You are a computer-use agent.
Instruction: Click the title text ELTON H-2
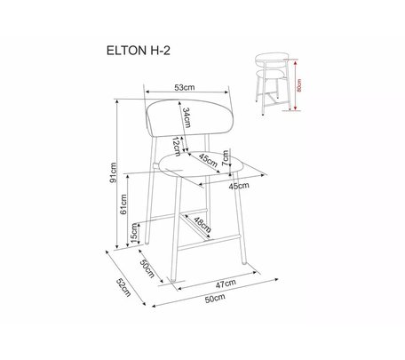click(139, 51)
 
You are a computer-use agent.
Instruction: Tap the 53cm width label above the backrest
click(185, 87)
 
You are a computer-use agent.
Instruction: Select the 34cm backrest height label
click(186, 117)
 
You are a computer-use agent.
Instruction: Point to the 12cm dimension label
click(177, 147)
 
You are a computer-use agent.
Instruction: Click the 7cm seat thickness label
click(226, 157)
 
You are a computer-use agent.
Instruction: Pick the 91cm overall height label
click(114, 172)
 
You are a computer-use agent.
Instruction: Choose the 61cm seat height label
click(123, 204)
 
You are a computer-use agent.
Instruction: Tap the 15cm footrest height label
click(134, 233)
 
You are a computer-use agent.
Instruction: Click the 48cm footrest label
click(202, 225)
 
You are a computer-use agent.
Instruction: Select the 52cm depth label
click(123, 287)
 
